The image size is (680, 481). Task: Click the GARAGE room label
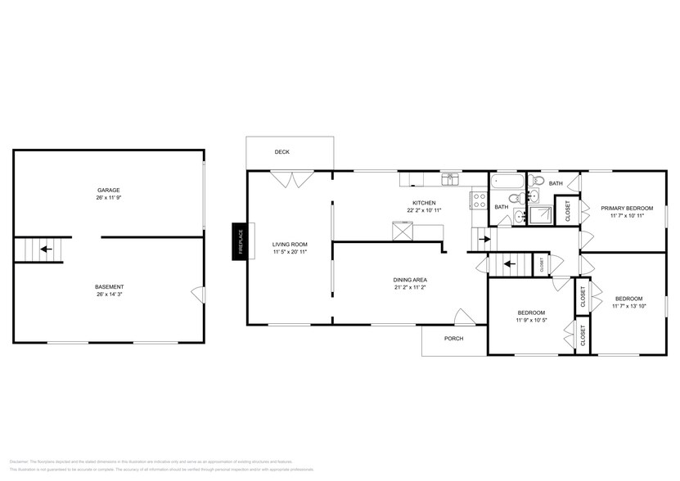pos(108,190)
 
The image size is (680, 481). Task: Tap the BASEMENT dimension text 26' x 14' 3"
pos(108,294)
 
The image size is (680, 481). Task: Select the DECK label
pos(281,152)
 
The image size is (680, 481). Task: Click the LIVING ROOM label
pos(290,244)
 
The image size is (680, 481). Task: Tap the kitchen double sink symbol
pos(450,178)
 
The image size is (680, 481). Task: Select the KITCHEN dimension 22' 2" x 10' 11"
pos(424,211)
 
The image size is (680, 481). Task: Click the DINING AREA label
pos(410,280)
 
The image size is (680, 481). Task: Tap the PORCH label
pos(453,338)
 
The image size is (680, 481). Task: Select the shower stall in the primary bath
pos(540,214)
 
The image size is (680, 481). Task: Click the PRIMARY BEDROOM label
pos(632,208)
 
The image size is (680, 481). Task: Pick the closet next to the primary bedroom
pos(569,211)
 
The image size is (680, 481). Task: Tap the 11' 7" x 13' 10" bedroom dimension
pos(628,307)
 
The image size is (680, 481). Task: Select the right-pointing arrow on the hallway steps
pos(484,240)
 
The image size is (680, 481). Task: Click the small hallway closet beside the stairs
pos(541,264)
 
